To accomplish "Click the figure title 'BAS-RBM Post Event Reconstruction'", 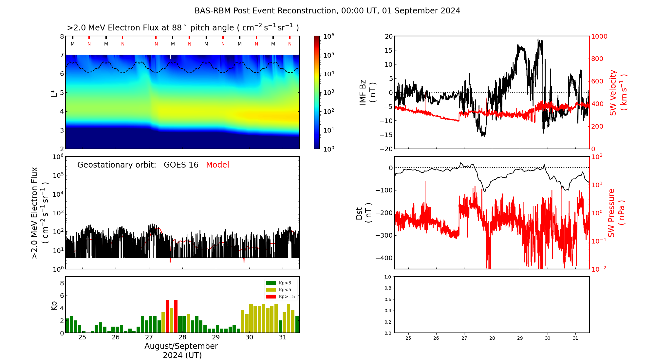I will pyautogui.click(x=327, y=11).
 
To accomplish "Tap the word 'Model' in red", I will pyautogui.click(x=217, y=165).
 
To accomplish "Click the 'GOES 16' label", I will pyautogui.click(x=181, y=165).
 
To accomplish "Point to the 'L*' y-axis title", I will pyautogui.click(x=54, y=93).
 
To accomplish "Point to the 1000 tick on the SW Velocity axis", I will pyautogui.click(x=599, y=36).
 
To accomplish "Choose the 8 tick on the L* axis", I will pyautogui.click(x=62, y=36).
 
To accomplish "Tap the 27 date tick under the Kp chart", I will pyautogui.click(x=149, y=337).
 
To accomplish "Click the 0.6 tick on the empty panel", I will pyautogui.click(x=387, y=299).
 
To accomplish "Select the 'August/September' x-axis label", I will pyautogui.click(x=181, y=346).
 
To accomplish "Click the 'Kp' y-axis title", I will pyautogui.click(x=54, y=305).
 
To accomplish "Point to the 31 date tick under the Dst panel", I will pyautogui.click(x=575, y=338).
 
